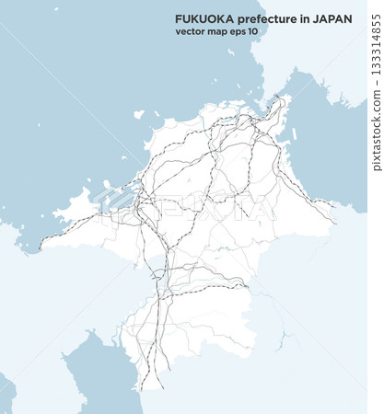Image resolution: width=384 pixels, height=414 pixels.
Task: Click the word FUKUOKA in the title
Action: point(200,18)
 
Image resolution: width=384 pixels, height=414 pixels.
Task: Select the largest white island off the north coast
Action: point(138,115)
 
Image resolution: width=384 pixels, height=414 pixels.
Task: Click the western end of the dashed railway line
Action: point(41,237)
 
